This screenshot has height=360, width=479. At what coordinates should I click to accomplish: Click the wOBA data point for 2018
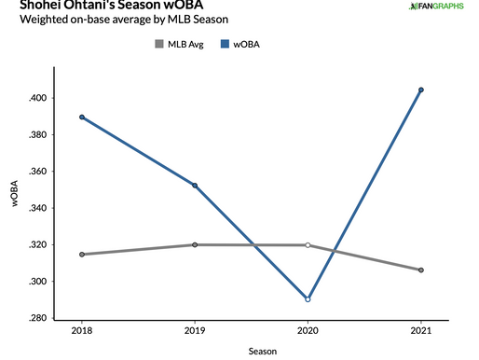(82, 118)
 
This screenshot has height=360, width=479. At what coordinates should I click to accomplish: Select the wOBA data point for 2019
(195, 185)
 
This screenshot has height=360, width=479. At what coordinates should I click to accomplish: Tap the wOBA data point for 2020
(308, 299)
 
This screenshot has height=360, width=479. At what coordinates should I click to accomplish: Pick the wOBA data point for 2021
(421, 90)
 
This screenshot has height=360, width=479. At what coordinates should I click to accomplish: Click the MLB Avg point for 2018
(82, 255)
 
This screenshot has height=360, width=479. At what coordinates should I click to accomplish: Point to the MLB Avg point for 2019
(195, 244)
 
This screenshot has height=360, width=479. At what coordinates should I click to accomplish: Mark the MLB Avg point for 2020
(308, 245)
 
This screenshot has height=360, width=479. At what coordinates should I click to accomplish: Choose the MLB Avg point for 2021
(421, 270)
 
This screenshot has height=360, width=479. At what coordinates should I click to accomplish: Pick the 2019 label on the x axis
(195, 331)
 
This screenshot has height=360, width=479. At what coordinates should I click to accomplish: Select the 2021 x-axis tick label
(421, 331)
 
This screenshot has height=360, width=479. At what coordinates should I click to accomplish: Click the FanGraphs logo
(439, 7)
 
